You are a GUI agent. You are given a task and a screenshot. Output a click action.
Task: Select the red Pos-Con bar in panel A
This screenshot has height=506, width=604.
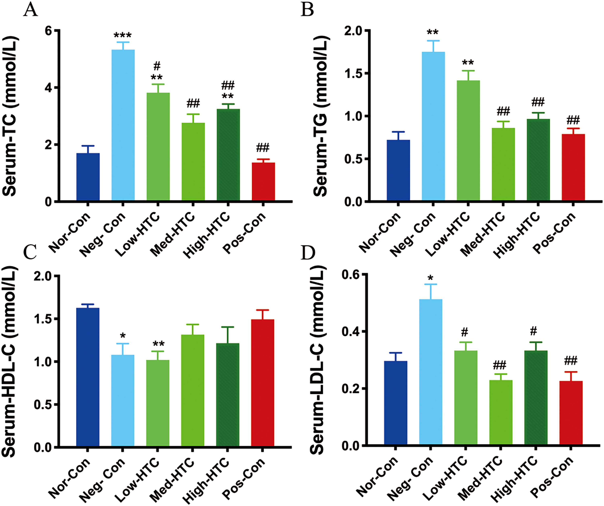(264, 182)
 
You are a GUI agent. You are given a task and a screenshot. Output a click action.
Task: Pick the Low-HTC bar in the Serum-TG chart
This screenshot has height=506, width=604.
(468, 140)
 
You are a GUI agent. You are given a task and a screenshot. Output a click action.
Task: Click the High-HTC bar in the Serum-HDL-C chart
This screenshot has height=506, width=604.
(228, 395)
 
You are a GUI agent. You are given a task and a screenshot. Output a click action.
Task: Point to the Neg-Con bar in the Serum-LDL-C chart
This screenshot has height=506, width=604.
(431, 372)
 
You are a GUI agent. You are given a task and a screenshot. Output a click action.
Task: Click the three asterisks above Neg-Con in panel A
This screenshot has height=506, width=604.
(123, 36)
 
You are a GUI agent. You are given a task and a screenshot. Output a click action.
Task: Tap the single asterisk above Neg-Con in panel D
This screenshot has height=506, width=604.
(431, 278)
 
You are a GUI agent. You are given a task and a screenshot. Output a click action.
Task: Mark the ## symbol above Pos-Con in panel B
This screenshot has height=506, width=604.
(573, 120)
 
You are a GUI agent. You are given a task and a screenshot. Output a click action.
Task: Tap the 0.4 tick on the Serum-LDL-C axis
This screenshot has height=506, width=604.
(350, 332)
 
